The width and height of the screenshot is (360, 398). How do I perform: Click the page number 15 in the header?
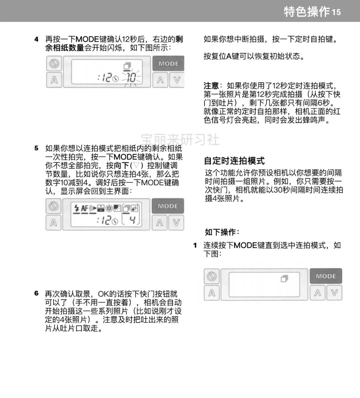pyautogui.click(x=336, y=12)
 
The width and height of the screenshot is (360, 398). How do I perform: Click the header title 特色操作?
pyautogui.click(x=307, y=12)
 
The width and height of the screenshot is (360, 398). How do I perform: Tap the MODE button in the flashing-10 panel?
pyautogui.click(x=168, y=64)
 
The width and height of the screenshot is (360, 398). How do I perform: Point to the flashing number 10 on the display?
pyautogui.click(x=131, y=77)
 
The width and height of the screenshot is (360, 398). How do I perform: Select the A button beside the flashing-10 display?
pyautogui.click(x=54, y=80)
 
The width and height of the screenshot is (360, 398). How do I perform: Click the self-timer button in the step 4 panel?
pyautogui.click(x=54, y=64)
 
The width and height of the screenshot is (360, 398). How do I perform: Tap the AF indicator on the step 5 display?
pyautogui.click(x=85, y=208)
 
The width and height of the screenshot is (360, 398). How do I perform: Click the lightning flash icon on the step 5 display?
pyautogui.click(x=76, y=208)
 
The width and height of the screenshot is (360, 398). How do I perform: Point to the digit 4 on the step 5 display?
pyautogui.click(x=132, y=220)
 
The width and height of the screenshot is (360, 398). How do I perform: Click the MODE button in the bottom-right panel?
pyautogui.click(x=326, y=276)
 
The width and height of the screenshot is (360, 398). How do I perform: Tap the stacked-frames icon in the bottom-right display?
pyautogui.click(x=284, y=278)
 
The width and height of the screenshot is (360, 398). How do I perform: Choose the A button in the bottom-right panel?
pyautogui.click(x=212, y=293)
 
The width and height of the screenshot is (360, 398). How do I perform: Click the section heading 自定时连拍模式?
pyautogui.click(x=234, y=161)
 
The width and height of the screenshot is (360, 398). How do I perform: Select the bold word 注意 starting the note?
pyautogui.click(x=211, y=86)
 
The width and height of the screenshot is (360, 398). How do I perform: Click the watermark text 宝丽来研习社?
pyautogui.click(x=180, y=139)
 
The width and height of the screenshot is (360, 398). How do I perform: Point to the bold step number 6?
pyautogui.click(x=36, y=293)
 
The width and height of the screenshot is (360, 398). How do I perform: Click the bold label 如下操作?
pyautogui.click(x=222, y=232)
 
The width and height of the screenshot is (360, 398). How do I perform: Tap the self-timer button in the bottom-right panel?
pyautogui.click(x=212, y=276)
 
